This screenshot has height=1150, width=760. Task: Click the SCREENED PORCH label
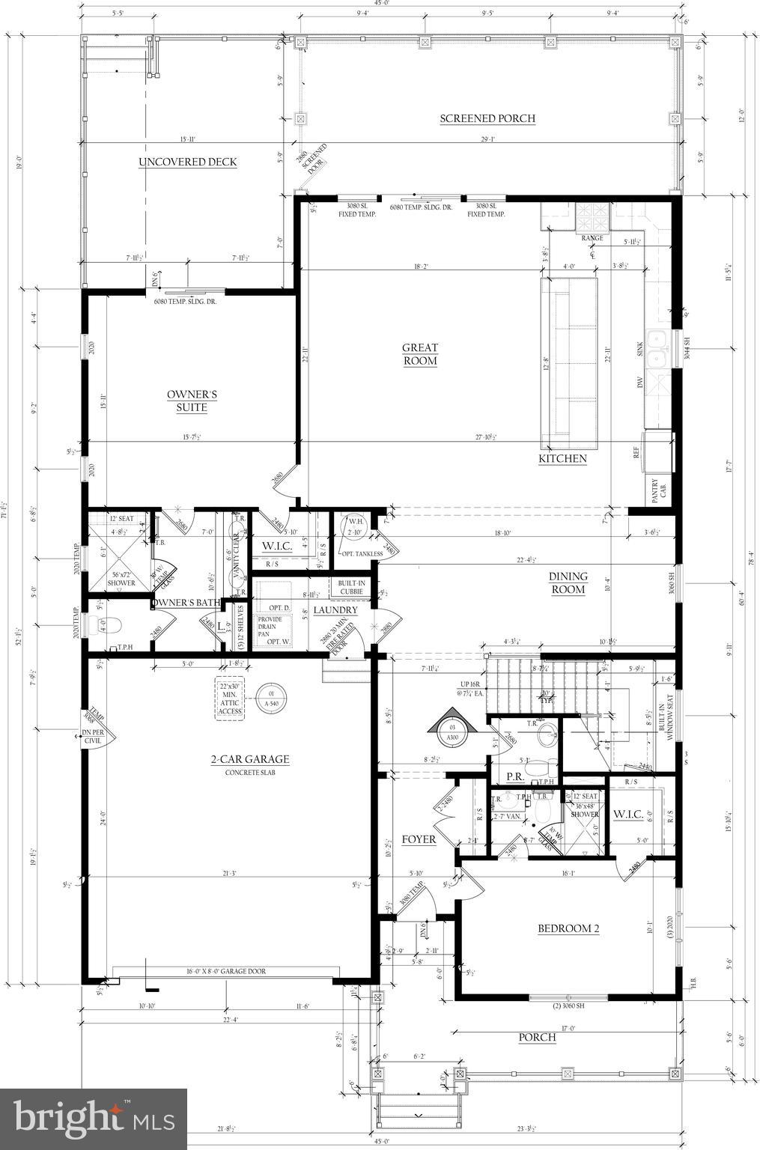(x=487, y=118)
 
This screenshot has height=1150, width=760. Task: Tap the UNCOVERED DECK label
(x=187, y=162)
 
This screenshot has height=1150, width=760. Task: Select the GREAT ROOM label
(x=419, y=354)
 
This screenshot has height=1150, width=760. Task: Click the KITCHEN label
(x=562, y=458)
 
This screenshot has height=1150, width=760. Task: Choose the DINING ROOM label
(x=568, y=582)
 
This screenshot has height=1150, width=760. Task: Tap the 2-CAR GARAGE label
(x=249, y=759)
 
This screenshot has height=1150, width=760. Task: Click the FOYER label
(x=419, y=839)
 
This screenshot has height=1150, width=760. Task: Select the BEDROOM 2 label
(x=568, y=928)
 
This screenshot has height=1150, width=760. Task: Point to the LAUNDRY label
(x=335, y=609)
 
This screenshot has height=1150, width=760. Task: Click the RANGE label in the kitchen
(x=592, y=237)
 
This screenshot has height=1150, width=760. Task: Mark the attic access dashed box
(x=230, y=700)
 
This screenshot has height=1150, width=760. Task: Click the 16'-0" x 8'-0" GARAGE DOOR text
(x=226, y=971)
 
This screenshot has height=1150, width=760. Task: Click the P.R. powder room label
(x=514, y=776)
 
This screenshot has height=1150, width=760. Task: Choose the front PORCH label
(x=538, y=1037)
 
